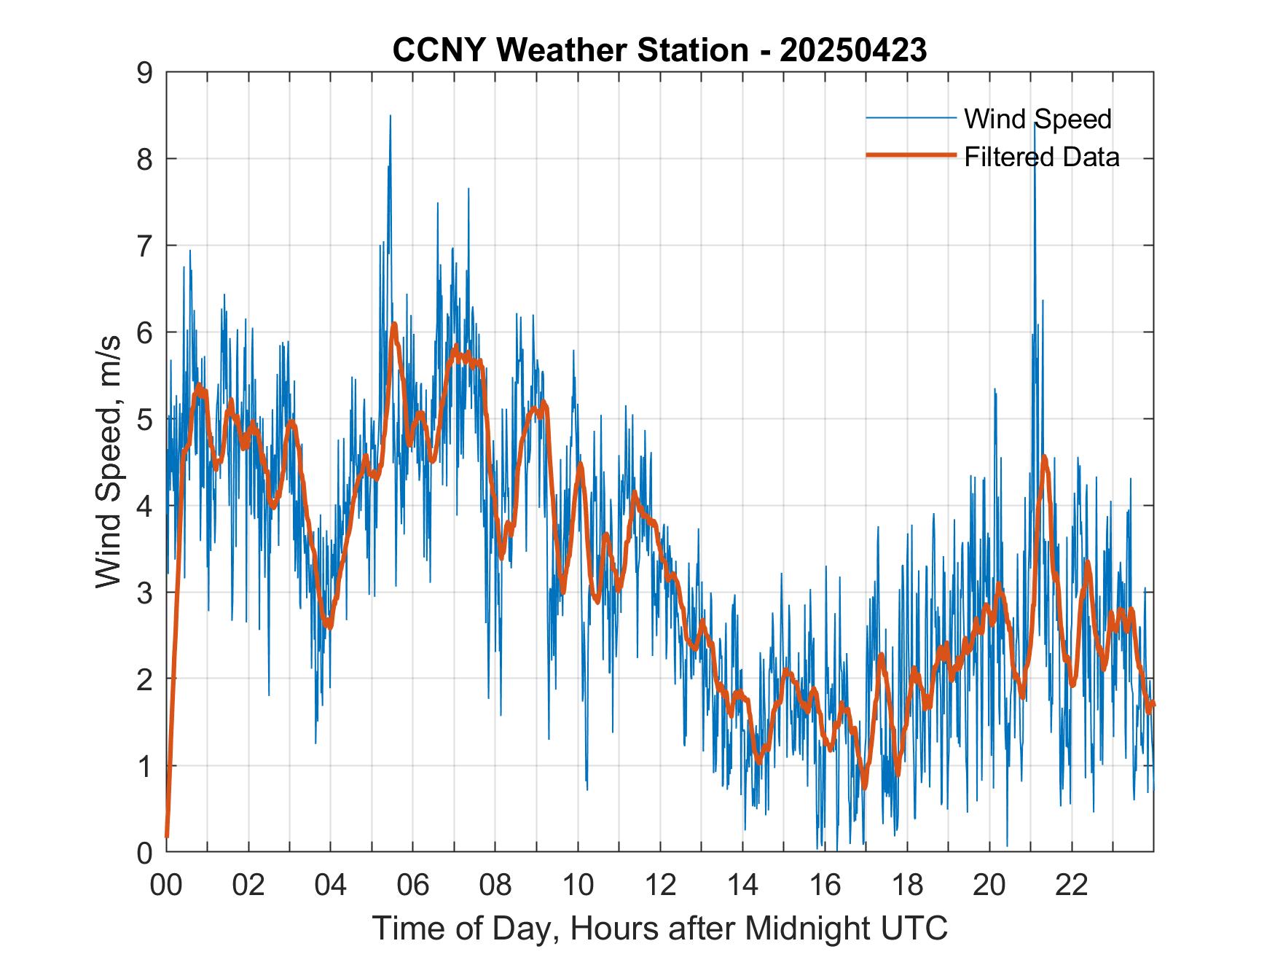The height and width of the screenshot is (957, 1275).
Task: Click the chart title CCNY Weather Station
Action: tap(570, 50)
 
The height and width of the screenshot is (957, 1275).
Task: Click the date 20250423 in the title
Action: tap(853, 50)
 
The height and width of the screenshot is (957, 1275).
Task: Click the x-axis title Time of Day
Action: tap(660, 929)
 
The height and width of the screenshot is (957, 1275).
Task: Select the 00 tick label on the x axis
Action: tap(166, 885)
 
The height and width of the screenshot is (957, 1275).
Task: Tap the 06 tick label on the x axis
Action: tap(413, 885)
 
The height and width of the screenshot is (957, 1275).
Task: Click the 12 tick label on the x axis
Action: tap(660, 885)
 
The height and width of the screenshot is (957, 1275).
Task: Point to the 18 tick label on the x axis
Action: tap(907, 885)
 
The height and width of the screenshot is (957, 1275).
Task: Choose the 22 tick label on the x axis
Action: tap(1072, 885)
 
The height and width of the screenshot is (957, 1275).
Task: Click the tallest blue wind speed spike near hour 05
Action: tap(390, 117)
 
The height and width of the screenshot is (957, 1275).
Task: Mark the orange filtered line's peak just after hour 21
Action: tap(1044, 458)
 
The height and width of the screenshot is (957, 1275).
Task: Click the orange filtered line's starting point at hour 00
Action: tap(167, 835)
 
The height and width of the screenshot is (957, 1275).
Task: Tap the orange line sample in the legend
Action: tap(911, 155)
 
